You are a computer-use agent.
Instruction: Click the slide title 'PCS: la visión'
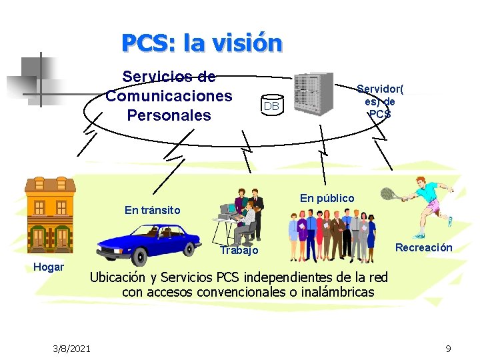(201, 43)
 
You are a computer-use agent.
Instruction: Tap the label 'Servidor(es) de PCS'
(380, 101)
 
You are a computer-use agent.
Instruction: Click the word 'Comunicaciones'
(169, 96)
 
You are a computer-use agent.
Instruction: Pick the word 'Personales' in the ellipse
(169, 115)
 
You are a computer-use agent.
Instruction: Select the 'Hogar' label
(49, 267)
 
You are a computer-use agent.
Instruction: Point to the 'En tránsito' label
(152, 210)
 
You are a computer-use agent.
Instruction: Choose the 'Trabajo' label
(239, 251)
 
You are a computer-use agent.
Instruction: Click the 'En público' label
(327, 198)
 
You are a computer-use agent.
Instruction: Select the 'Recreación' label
(423, 247)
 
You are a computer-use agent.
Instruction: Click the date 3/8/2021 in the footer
(73, 348)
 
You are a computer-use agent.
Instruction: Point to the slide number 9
(448, 348)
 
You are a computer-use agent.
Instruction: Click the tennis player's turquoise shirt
(427, 191)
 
